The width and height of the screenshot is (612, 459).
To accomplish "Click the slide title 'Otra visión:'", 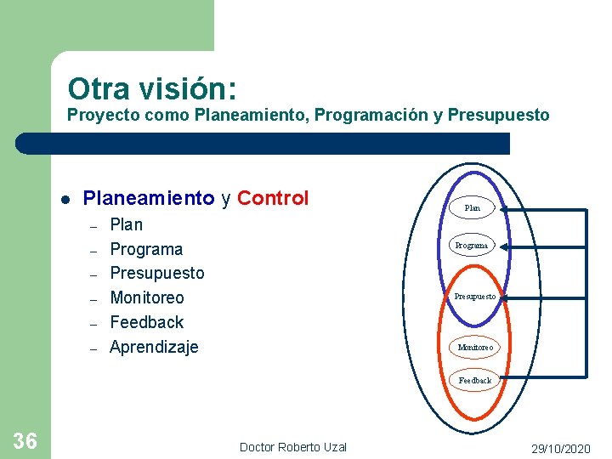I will tap(152, 88).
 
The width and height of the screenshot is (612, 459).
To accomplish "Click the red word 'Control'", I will tap(273, 198).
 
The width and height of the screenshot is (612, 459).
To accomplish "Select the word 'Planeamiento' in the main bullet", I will tap(148, 198).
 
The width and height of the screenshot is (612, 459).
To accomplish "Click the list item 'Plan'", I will tap(127, 224).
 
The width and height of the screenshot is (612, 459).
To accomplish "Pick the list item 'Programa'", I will tap(146, 249).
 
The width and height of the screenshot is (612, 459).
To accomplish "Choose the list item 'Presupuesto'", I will tap(157, 273).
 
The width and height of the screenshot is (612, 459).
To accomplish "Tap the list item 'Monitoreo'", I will tap(147, 297).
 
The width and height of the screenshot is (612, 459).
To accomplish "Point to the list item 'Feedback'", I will tap(147, 322).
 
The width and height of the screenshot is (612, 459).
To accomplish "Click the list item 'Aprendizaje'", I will tap(154, 347).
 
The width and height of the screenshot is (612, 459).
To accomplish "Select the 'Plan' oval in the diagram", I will tap(473, 207).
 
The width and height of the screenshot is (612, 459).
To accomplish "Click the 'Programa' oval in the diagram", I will tap(472, 245).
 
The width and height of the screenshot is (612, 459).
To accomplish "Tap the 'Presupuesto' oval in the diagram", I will tap(474, 297).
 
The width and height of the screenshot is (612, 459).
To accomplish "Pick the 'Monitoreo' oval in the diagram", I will tap(475, 347).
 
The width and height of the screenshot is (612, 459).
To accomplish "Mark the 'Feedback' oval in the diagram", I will tap(475, 380).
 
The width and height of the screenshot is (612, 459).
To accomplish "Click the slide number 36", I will tap(25, 440).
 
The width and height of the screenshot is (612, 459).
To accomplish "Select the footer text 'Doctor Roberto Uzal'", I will tap(293, 447).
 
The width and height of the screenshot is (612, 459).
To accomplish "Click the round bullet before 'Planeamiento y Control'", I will tap(65, 200).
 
